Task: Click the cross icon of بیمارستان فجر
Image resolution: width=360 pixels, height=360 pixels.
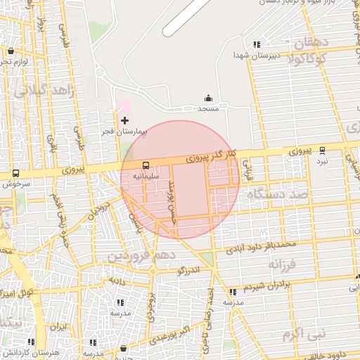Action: tap(125, 121)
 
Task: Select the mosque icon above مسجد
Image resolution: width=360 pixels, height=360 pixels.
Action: tap(208, 98)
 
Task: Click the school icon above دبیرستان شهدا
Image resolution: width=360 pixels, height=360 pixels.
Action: tap(257, 44)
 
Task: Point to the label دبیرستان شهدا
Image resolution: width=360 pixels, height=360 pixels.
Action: tap(257, 54)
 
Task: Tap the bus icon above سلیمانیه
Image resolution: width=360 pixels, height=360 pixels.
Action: tap(146, 167)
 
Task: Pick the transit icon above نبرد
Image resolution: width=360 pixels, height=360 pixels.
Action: tap(322, 150)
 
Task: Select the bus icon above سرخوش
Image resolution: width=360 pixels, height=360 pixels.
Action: tap(16, 174)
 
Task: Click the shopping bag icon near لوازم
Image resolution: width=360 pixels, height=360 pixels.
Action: tap(11, 51)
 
